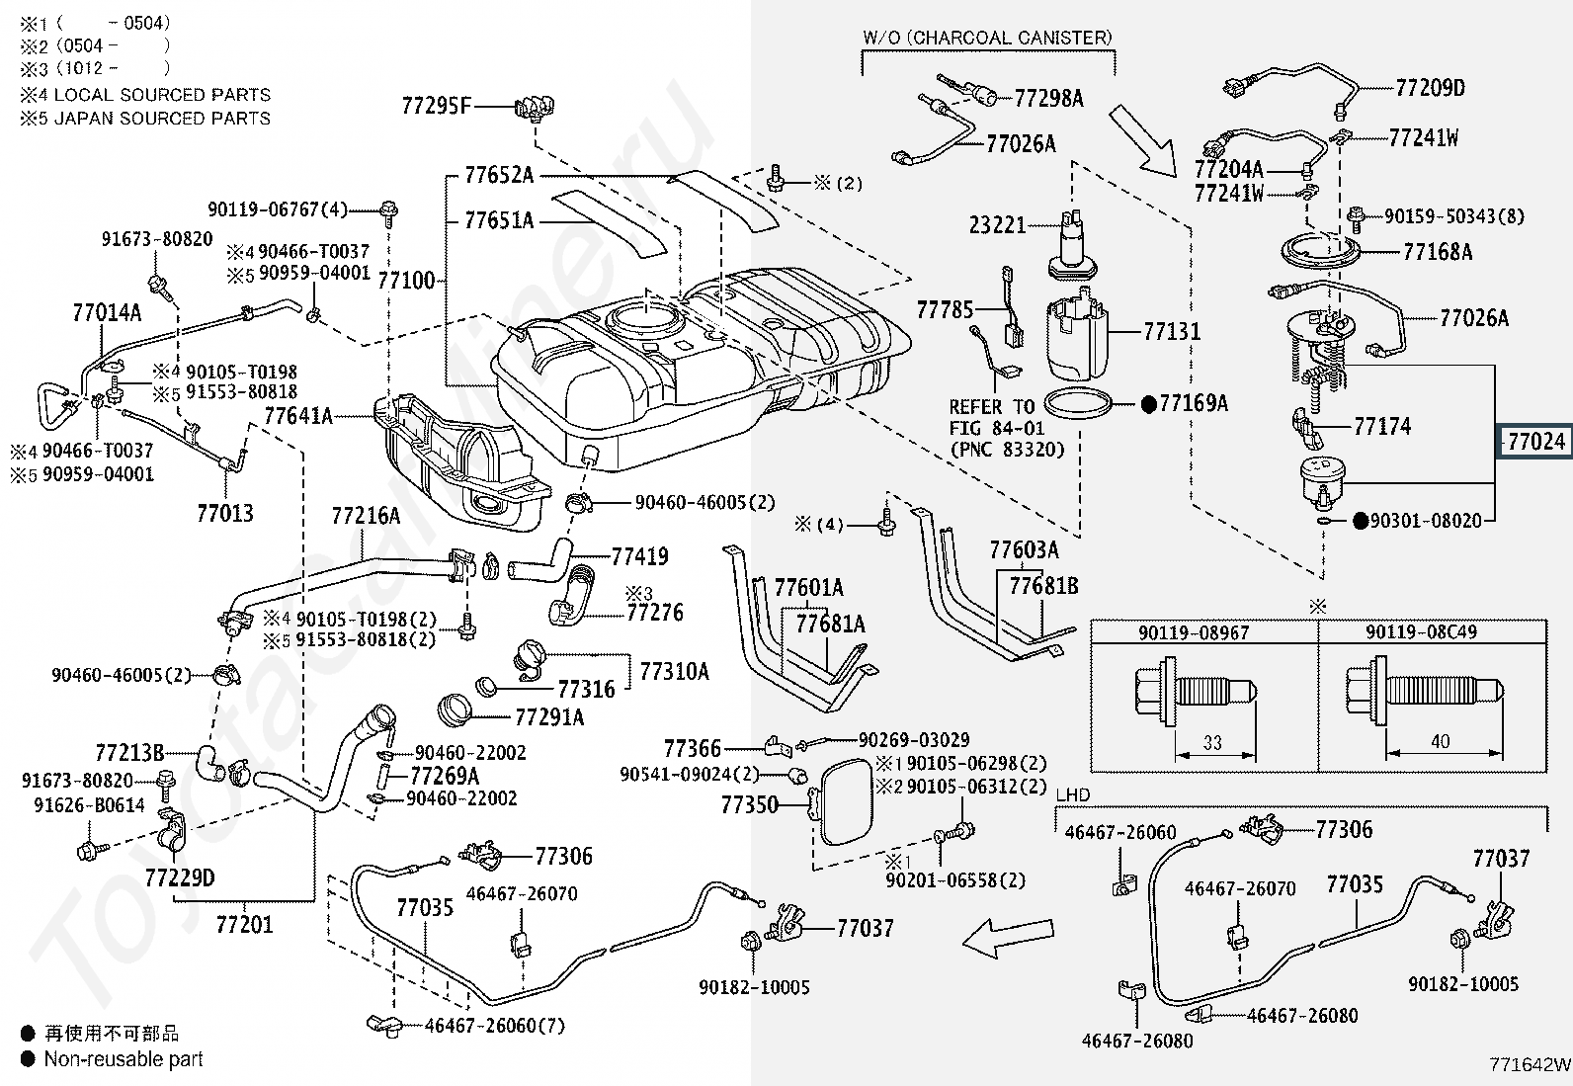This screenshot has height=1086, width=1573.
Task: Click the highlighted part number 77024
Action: click(1535, 441)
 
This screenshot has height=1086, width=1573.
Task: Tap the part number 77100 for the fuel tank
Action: click(406, 281)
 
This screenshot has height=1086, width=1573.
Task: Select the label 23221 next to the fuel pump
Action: click(997, 224)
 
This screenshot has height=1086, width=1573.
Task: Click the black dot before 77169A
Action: click(1149, 404)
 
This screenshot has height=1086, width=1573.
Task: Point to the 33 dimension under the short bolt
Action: click(1212, 742)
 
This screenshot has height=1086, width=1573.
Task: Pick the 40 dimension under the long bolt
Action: click(1441, 741)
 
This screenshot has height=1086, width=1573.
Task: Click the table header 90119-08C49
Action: click(1421, 632)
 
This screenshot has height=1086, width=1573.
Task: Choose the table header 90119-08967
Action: click(1194, 632)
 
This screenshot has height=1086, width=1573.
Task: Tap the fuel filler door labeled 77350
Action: click(845, 800)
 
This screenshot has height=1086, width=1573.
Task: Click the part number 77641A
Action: click(298, 416)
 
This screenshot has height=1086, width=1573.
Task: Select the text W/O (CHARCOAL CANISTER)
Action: click(987, 38)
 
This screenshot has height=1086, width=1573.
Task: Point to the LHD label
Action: click(1073, 794)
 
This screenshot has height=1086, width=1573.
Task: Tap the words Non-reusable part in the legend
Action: click(124, 1058)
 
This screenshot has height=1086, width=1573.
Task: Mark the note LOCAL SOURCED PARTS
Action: click(162, 94)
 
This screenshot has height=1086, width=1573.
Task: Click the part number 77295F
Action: click(436, 106)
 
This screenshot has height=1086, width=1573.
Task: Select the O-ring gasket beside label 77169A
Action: click(1078, 403)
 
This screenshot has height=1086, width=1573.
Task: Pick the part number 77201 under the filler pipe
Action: click(244, 924)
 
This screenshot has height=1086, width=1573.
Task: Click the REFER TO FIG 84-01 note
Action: click(1007, 428)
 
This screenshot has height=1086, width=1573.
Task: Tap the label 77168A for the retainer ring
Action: click(1438, 251)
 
